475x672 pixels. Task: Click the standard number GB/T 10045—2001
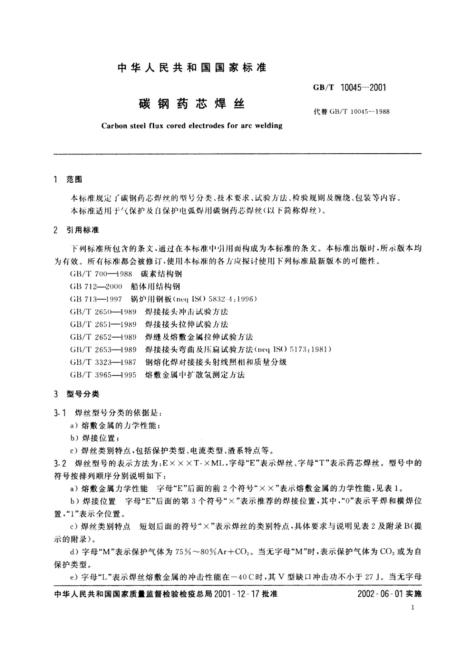pyautogui.click(x=350, y=88)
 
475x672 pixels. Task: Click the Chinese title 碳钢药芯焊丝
pyautogui.click(x=191, y=104)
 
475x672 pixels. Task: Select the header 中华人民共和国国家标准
pyautogui.click(x=191, y=68)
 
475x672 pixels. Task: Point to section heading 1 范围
pyautogui.click(x=67, y=180)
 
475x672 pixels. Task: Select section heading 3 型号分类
pyautogui.click(x=76, y=394)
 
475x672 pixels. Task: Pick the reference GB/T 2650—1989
pyautogui.click(x=103, y=312)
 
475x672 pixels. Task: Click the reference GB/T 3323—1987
pyautogui.click(x=103, y=362)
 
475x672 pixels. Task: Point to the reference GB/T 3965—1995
pyautogui.click(x=103, y=375)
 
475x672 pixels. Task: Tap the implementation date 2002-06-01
pyautogui.click(x=380, y=594)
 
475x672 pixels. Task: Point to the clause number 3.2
pyautogui.click(x=59, y=463)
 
